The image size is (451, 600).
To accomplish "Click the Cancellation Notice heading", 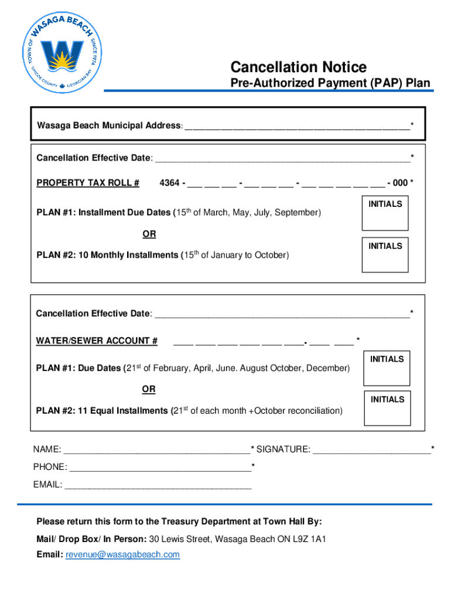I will (298, 67).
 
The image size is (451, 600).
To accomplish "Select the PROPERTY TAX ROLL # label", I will (88, 183).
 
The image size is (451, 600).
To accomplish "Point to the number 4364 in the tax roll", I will (170, 183).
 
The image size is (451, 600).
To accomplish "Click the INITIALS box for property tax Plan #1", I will (385, 214).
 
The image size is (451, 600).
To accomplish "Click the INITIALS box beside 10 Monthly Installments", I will (385, 255).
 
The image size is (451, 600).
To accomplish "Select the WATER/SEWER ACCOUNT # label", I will (97, 341).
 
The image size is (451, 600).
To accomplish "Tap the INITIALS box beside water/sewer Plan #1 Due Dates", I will (387, 368).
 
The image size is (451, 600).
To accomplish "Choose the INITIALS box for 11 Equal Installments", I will (387, 408).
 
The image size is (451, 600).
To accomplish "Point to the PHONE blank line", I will (160, 468).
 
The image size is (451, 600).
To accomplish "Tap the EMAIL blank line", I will (158, 485).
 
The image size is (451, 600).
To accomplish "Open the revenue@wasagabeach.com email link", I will (122, 554).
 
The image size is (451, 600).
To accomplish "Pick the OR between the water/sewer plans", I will (149, 389).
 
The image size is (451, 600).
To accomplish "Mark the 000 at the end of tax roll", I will (400, 183).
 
